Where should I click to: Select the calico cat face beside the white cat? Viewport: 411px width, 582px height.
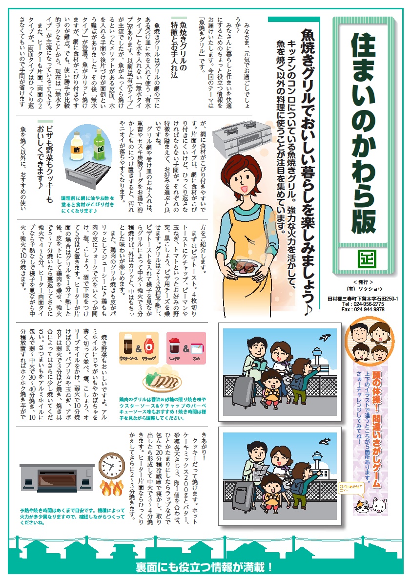tap(363, 504)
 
